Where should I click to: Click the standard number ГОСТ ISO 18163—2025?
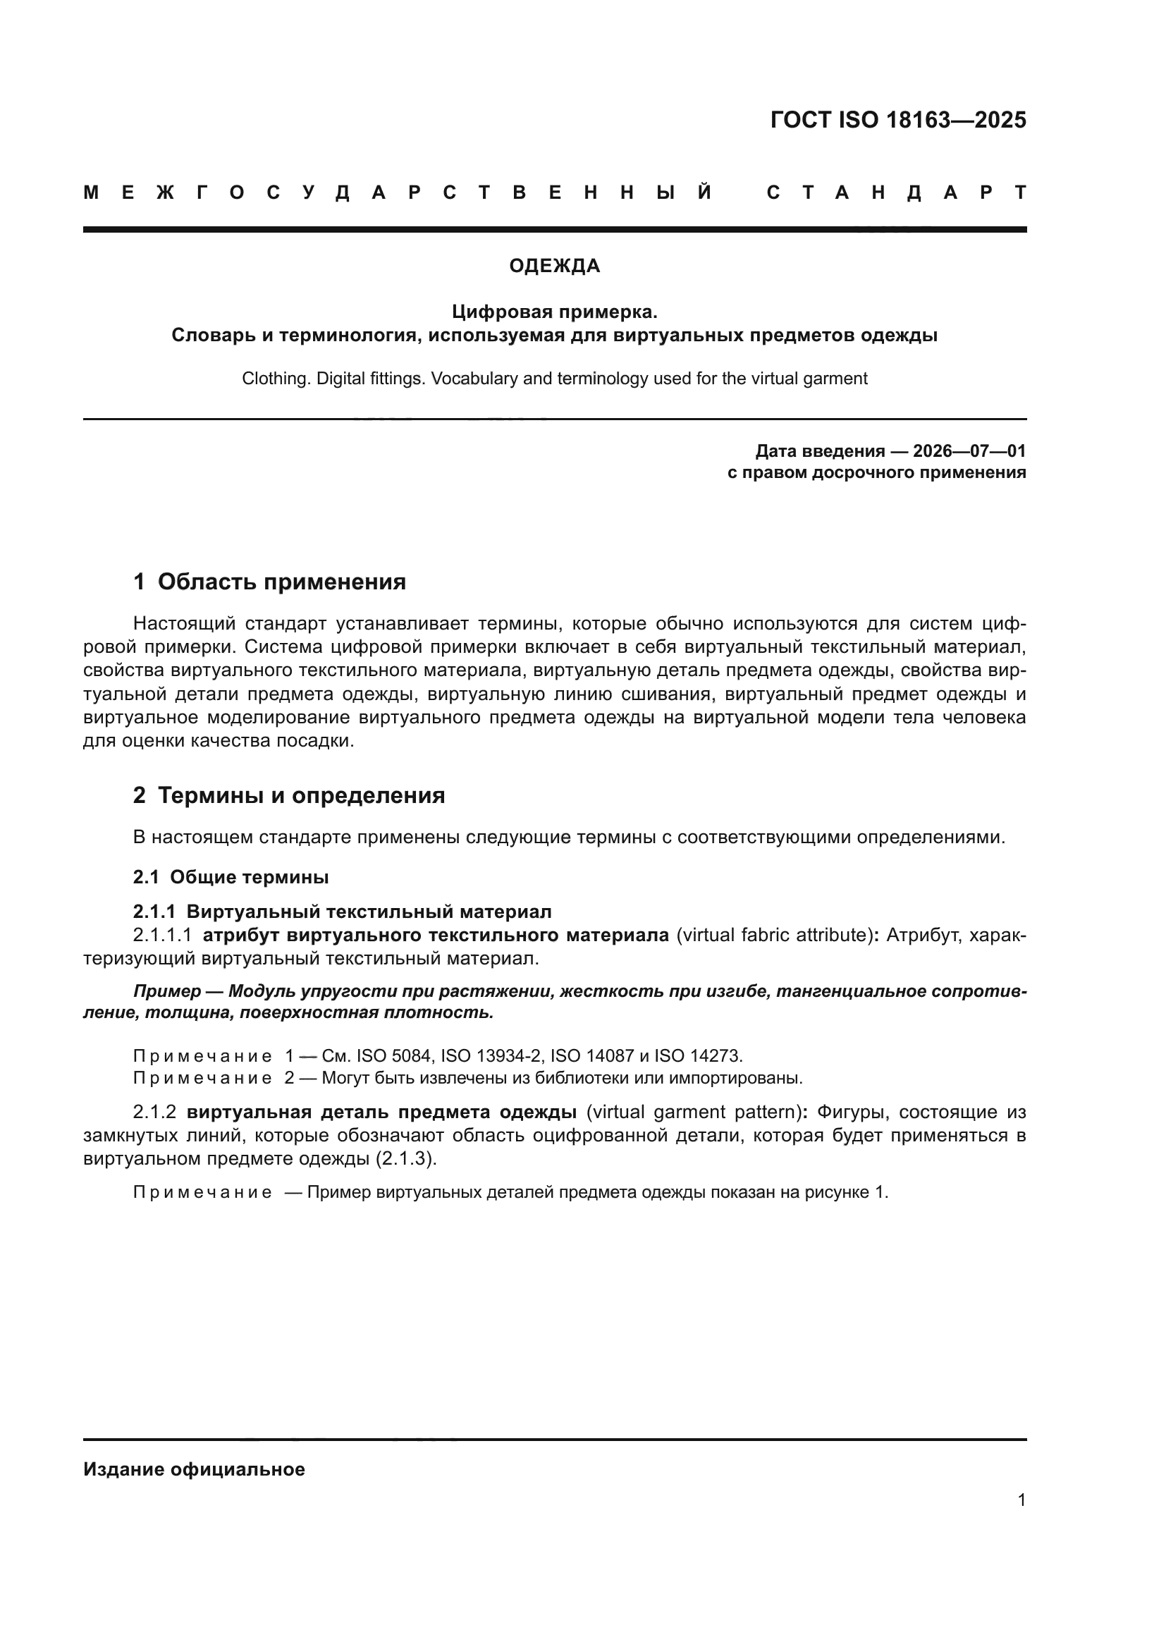pos(897,119)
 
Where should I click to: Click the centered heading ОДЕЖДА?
pos(554,266)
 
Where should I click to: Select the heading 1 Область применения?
pos(269,582)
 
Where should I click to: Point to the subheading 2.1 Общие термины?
pos(231,877)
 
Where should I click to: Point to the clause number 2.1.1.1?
pos(162,935)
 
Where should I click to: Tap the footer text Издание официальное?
pos(194,1469)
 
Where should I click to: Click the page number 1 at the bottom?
pos(1021,1500)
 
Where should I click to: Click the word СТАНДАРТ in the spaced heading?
pos(896,192)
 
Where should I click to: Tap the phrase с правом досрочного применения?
pos(876,472)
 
